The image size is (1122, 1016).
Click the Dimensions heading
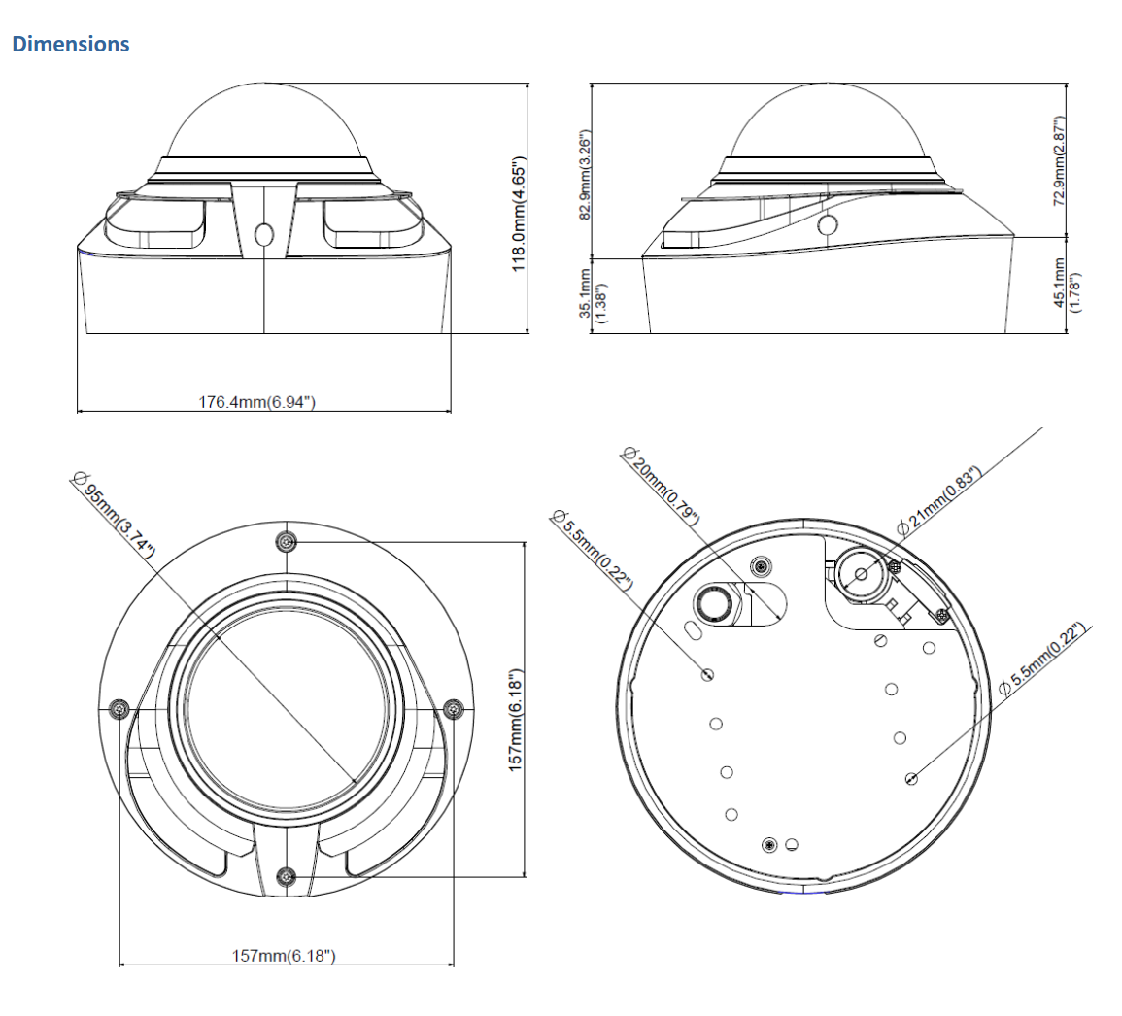pos(70,45)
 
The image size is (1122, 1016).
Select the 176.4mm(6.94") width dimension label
pos(257,401)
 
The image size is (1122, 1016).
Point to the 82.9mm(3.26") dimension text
pos(585,174)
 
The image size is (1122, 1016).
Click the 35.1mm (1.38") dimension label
pos(593,296)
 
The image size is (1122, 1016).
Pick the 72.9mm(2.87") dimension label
pos(1060,161)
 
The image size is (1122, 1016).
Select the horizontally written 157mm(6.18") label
pos(284,956)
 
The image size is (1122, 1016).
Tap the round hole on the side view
pos(828,225)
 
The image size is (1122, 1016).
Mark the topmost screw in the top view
pos(286,541)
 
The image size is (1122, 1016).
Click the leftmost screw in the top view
pos(119,709)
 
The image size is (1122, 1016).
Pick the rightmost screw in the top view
pos(452,709)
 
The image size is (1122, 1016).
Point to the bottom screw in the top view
pos(286,877)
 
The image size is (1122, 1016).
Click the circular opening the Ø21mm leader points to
pos(861,573)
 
